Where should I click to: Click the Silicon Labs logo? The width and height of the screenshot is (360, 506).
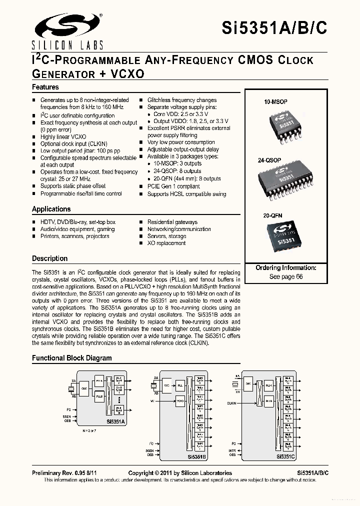[x=67, y=30]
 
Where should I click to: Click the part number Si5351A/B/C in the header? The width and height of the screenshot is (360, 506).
[x=274, y=28]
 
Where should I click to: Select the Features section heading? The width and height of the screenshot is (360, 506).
[x=45, y=87]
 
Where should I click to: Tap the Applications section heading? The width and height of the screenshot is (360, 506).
[x=51, y=209]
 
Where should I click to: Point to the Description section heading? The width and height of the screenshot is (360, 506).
[x=49, y=258]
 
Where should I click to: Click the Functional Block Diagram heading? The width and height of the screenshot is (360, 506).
[x=72, y=358]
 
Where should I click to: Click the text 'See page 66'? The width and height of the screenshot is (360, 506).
[x=286, y=276]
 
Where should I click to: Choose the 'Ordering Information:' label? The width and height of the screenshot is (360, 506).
[x=286, y=268]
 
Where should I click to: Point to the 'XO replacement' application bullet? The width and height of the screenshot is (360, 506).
[x=166, y=243]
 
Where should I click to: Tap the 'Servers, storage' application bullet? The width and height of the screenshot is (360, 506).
[x=166, y=236]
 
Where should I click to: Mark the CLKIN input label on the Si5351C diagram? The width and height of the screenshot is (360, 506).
[x=231, y=402]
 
